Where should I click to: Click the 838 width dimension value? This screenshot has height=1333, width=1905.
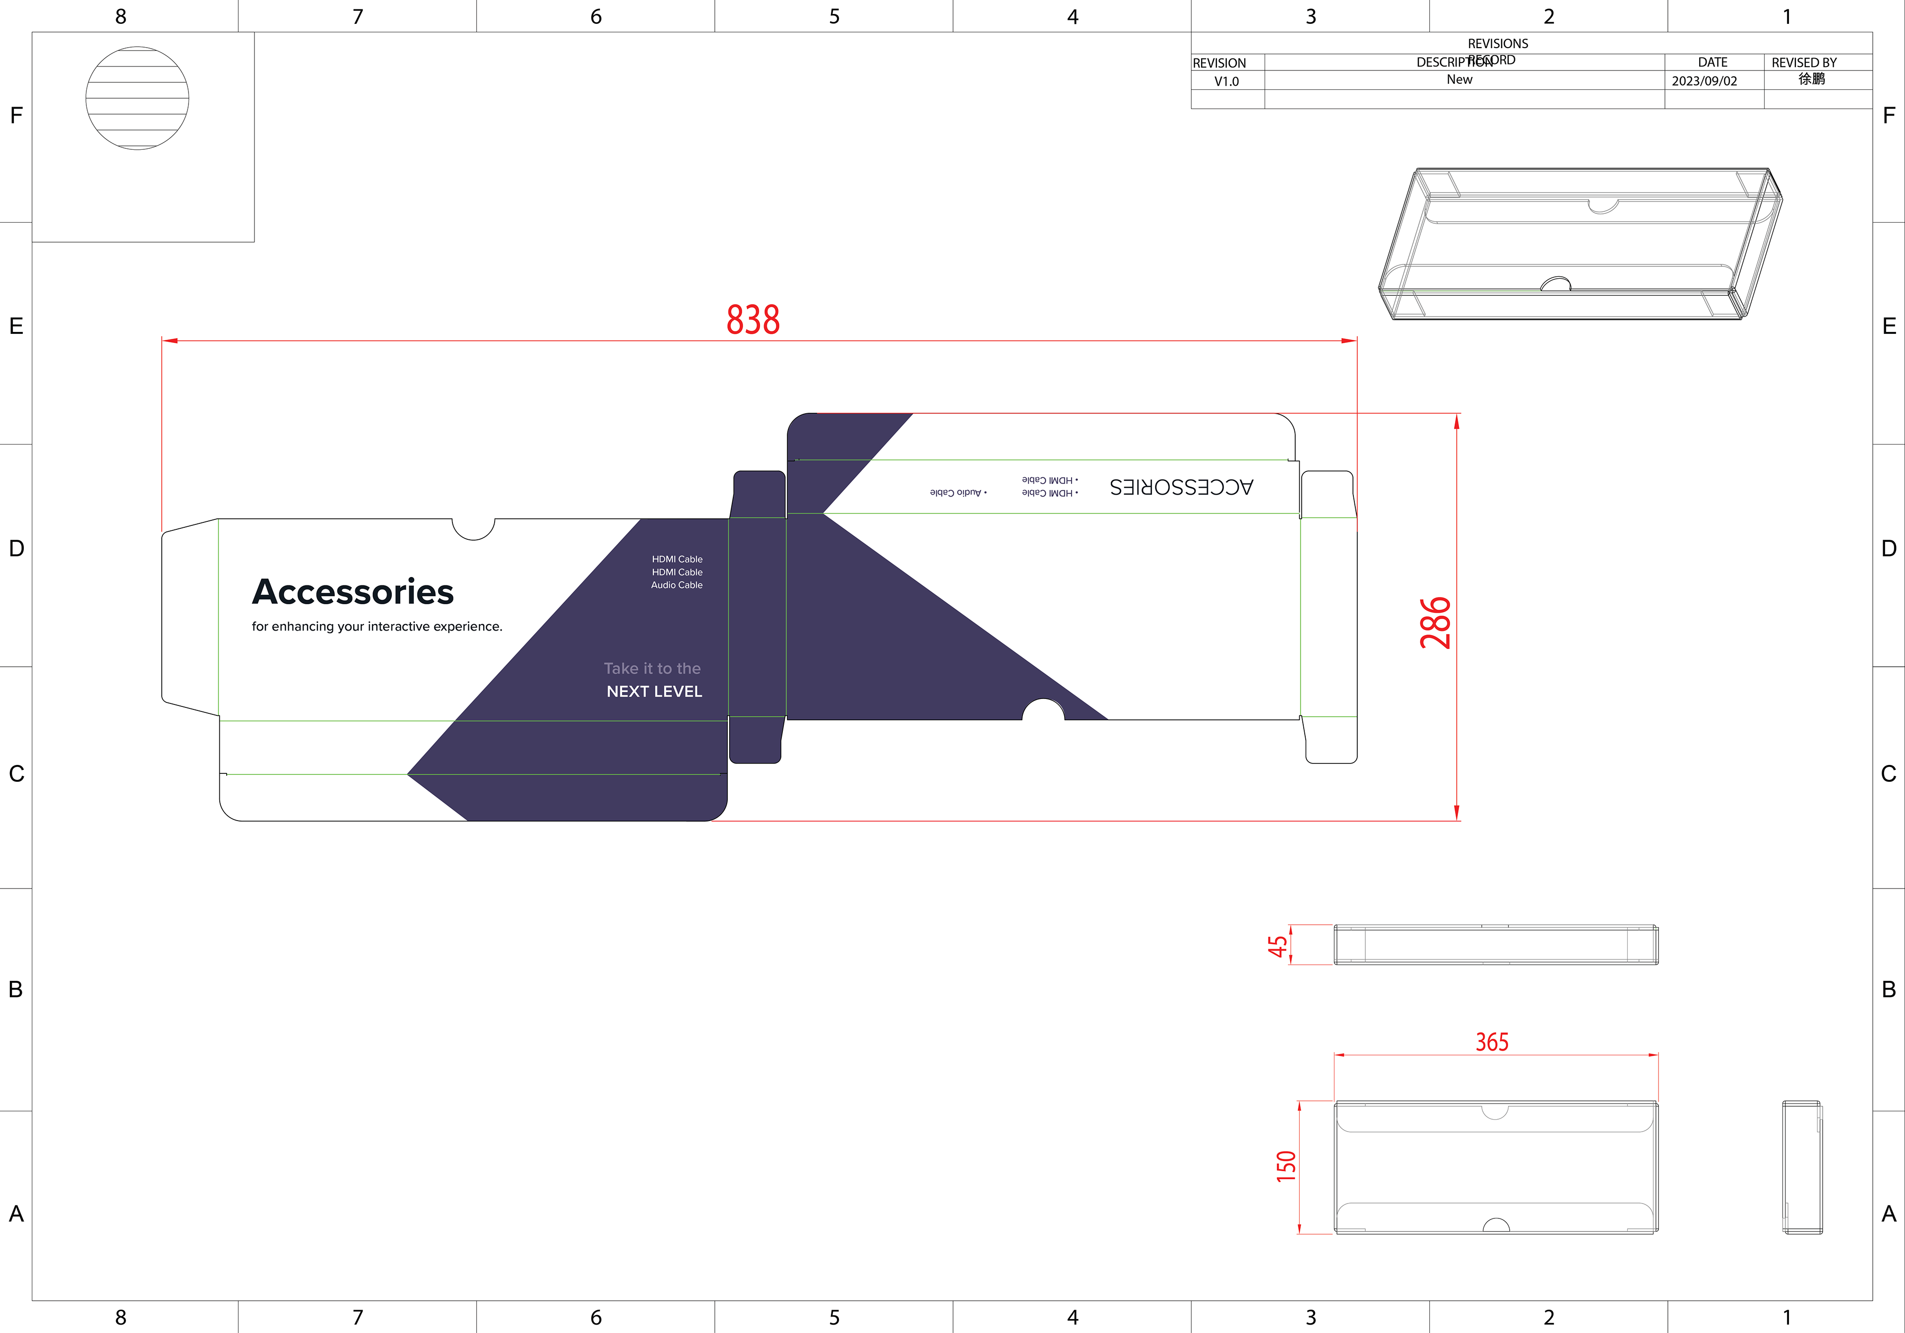753,320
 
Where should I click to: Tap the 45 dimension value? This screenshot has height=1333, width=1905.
1278,946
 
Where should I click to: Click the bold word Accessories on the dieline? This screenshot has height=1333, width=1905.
353,592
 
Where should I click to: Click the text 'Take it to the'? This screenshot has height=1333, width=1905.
652,669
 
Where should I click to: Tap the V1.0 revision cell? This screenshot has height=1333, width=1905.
1226,81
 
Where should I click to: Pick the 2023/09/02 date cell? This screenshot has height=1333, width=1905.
1704,81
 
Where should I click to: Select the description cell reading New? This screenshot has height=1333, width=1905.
1460,80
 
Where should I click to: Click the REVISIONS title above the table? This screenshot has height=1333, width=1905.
1498,43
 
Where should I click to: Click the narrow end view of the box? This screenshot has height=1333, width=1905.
1802,1167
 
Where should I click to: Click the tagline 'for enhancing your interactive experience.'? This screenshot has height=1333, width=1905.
377,626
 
